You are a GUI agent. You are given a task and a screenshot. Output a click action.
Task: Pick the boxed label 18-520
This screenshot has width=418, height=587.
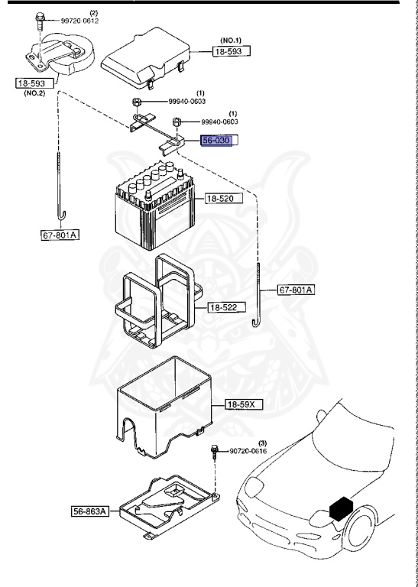click(x=223, y=199)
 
